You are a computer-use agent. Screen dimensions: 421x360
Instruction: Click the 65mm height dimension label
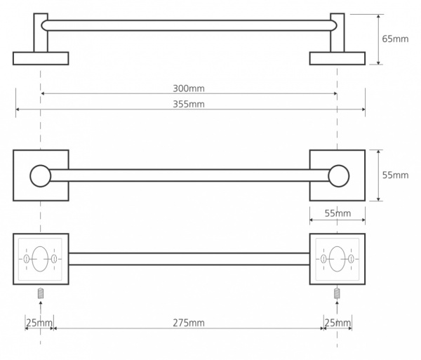click(x=395, y=39)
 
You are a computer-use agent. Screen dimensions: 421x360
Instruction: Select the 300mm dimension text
click(x=189, y=88)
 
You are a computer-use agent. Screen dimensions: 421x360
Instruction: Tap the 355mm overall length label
click(x=189, y=104)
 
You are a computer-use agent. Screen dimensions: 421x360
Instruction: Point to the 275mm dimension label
click(x=189, y=323)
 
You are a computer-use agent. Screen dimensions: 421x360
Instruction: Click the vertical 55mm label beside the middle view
click(x=395, y=175)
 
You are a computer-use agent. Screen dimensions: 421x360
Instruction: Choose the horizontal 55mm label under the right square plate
click(x=338, y=213)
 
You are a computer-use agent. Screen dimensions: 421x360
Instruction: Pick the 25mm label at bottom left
click(x=39, y=323)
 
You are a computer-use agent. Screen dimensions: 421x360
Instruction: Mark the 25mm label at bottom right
click(x=338, y=323)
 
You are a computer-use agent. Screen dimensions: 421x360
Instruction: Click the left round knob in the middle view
click(x=40, y=176)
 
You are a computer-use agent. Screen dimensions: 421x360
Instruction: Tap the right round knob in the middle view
click(x=339, y=176)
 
